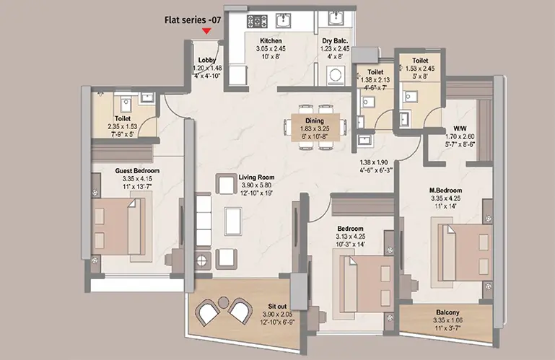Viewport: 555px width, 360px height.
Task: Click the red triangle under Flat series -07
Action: [206, 31]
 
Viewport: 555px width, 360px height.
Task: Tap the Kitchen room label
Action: [271, 40]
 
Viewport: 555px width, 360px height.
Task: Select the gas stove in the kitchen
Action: [258, 21]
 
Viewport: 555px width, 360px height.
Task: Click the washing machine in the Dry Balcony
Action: [335, 75]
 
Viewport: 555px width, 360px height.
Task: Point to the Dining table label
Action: [315, 121]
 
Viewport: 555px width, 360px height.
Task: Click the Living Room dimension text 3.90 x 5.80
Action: [257, 185]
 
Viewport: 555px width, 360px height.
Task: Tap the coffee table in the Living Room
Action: [233, 221]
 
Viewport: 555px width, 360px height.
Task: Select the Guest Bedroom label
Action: [137, 170]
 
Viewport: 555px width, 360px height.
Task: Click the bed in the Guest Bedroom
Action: [118, 227]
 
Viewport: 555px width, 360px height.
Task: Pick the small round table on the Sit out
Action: [223, 302]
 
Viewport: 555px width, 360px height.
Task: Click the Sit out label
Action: [277, 307]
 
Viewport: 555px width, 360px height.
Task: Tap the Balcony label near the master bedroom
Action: [447, 312]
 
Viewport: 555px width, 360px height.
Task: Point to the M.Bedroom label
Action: [445, 190]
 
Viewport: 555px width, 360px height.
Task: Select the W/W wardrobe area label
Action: [460, 128]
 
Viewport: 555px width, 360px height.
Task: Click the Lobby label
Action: [207, 60]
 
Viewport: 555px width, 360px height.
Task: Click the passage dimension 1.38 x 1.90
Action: [374, 162]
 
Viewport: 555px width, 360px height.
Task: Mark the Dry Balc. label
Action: [335, 41]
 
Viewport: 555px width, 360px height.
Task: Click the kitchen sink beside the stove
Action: [283, 20]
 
